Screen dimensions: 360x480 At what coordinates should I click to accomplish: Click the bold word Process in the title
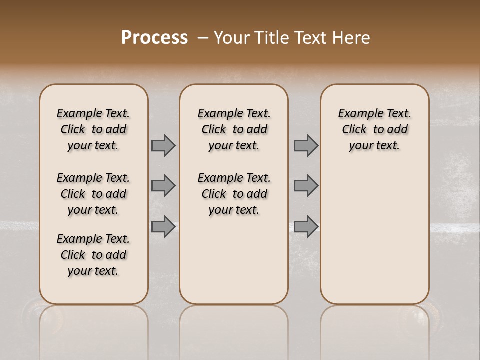[x=154, y=38]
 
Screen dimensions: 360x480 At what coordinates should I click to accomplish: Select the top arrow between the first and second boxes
[x=163, y=146]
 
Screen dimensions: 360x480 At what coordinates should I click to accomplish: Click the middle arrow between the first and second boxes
[x=163, y=186]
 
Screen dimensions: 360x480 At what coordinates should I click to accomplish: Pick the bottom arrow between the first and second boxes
[x=163, y=226]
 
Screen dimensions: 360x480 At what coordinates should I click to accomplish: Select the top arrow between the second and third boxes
[x=306, y=146]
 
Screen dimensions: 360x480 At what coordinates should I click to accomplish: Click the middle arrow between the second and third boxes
[x=306, y=186]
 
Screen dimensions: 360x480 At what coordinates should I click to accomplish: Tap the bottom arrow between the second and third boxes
[x=306, y=226]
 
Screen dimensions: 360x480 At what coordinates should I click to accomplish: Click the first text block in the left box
[x=93, y=129]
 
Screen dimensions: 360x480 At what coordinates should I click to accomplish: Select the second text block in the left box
[x=93, y=194]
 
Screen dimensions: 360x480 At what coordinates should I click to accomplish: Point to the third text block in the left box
[x=93, y=255]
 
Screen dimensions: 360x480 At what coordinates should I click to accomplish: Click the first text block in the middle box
[x=234, y=129]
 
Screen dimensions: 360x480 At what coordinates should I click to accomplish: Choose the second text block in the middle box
[x=234, y=194]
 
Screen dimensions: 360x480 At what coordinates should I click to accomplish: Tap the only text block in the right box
[x=375, y=129]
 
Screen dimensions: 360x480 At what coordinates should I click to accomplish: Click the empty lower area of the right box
[x=375, y=235]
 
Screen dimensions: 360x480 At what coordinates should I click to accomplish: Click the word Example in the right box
[x=356, y=114]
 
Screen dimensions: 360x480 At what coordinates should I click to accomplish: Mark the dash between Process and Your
[x=203, y=38]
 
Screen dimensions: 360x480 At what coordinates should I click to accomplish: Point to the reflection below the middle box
[x=234, y=330]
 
